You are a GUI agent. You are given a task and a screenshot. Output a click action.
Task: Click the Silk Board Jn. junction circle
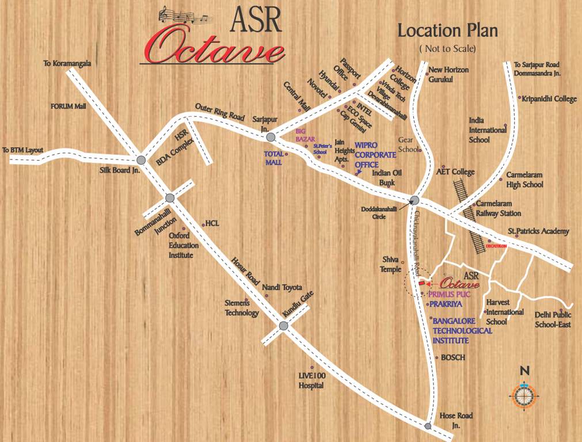pyautogui.click(x=141, y=161)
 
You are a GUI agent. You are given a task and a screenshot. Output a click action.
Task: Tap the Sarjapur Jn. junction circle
pyautogui.click(x=271, y=137)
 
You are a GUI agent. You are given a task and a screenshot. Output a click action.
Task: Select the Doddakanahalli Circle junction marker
pyautogui.click(x=414, y=200)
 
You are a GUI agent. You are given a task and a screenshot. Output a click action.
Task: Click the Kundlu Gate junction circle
pyautogui.click(x=283, y=326)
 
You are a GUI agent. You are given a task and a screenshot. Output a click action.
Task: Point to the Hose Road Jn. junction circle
pyautogui.click(x=428, y=426)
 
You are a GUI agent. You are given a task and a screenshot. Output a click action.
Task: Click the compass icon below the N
pyautogui.click(x=523, y=396)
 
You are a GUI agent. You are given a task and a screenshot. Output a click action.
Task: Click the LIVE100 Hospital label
pyautogui.click(x=311, y=380)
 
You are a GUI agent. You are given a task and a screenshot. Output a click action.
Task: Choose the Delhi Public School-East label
pyautogui.click(x=553, y=319)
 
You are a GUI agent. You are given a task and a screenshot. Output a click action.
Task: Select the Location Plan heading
pyautogui.click(x=447, y=31)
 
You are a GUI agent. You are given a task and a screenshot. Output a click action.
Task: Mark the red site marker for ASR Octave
pyautogui.click(x=424, y=284)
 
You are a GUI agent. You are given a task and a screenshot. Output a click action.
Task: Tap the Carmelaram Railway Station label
pyautogui.click(x=497, y=209)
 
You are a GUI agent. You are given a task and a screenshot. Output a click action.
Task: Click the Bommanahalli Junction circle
pyautogui.click(x=170, y=198)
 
